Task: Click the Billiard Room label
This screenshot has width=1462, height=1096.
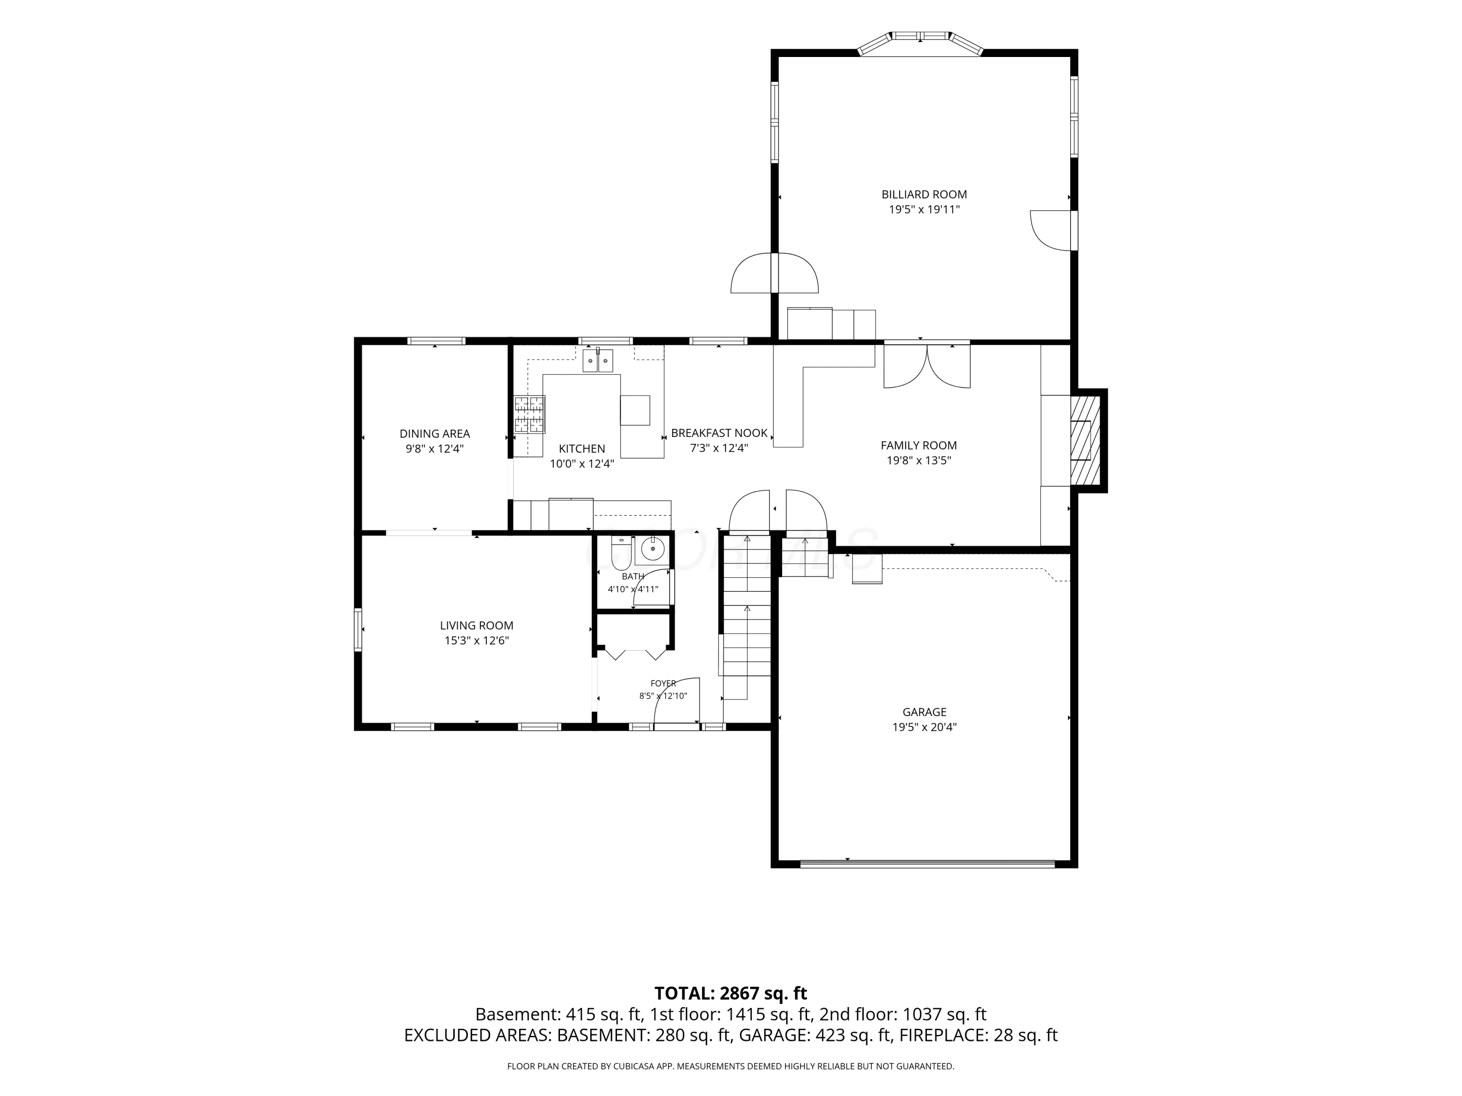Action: click(x=924, y=194)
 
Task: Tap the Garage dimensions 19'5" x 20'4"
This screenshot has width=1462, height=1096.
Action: click(x=924, y=727)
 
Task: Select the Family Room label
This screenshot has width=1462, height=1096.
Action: click(x=919, y=445)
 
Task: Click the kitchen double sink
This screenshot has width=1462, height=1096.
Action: click(x=598, y=361)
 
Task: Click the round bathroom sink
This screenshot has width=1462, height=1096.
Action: click(x=653, y=548)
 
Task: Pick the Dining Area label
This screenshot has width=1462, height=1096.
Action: click(x=435, y=434)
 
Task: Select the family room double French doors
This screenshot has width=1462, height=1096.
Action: click(x=927, y=365)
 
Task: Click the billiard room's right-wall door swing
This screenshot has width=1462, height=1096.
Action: click(x=1050, y=230)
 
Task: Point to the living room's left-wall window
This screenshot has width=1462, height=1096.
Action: click(x=358, y=629)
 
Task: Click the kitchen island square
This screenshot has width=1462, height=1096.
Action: click(x=635, y=410)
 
